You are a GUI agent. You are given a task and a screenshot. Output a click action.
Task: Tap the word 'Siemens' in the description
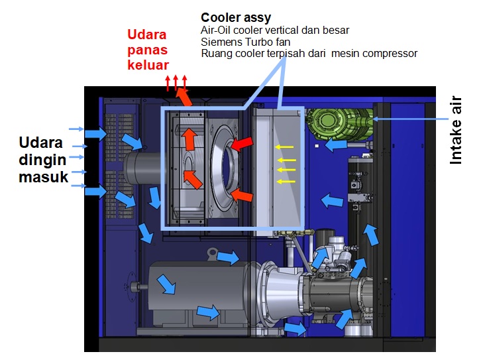[218, 41]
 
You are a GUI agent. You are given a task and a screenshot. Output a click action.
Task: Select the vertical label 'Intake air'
[457, 131]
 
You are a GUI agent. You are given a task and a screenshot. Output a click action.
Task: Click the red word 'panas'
[148, 50]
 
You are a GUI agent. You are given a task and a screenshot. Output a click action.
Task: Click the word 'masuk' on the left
[44, 176]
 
